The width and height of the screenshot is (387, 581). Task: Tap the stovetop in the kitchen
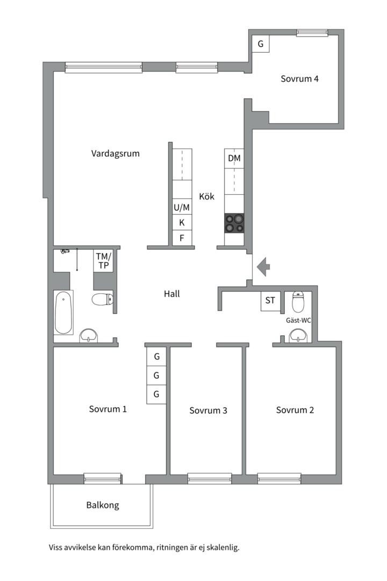click(x=234, y=223)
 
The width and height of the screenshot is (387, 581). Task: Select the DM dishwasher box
click(x=234, y=159)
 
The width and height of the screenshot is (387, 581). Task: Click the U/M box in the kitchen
click(x=182, y=208)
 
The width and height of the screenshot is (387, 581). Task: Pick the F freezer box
click(x=182, y=238)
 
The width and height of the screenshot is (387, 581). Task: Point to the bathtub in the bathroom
click(x=63, y=313)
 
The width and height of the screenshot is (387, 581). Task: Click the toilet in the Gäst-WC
click(x=298, y=302)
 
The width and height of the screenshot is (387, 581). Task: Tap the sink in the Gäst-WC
click(x=298, y=336)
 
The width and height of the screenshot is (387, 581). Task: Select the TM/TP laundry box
click(x=103, y=261)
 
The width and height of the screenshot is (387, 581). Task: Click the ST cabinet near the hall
click(x=270, y=301)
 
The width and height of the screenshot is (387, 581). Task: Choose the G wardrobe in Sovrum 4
click(x=261, y=44)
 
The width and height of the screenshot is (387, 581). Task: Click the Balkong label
click(x=103, y=505)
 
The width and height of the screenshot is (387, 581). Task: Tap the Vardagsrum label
click(x=116, y=153)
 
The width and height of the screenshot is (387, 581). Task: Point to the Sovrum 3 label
click(x=208, y=410)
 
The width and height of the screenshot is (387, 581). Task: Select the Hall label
click(x=172, y=294)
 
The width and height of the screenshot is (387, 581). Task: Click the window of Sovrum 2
click(x=279, y=479)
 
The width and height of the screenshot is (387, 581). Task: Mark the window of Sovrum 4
click(x=312, y=33)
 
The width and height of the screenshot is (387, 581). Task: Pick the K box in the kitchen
click(x=182, y=223)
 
